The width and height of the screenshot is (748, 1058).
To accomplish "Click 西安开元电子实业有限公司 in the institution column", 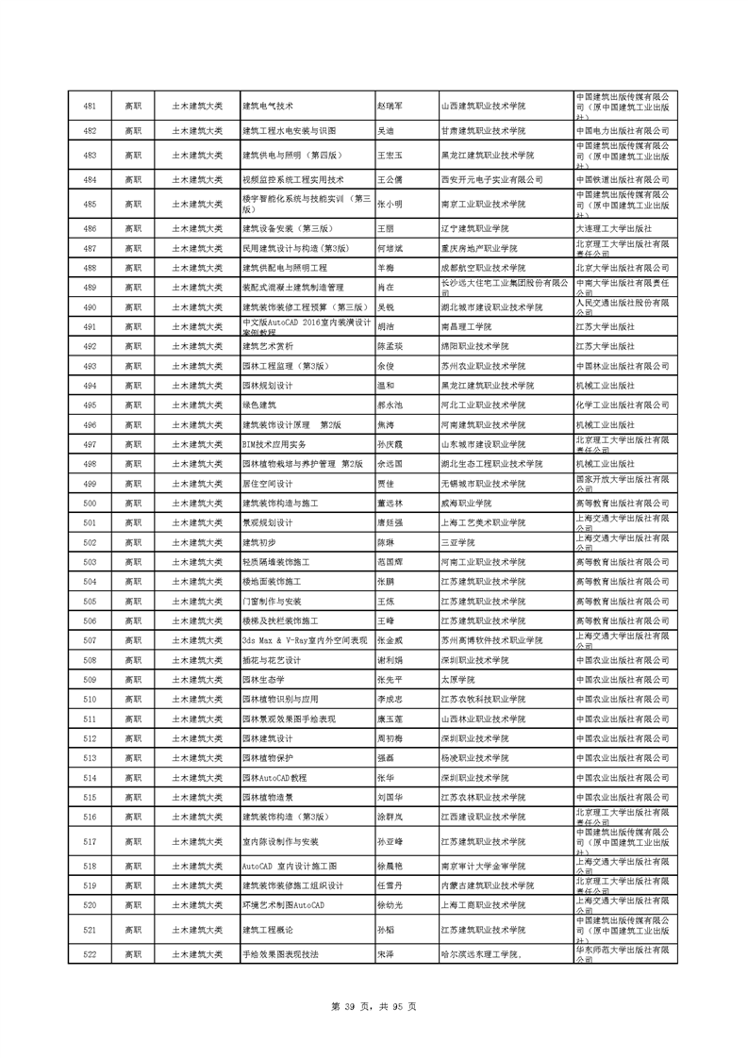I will click(x=492, y=179).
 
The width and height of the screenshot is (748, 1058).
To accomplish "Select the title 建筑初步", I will click(x=259, y=542).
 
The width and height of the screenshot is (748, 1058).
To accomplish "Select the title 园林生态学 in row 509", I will click(x=264, y=680).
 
